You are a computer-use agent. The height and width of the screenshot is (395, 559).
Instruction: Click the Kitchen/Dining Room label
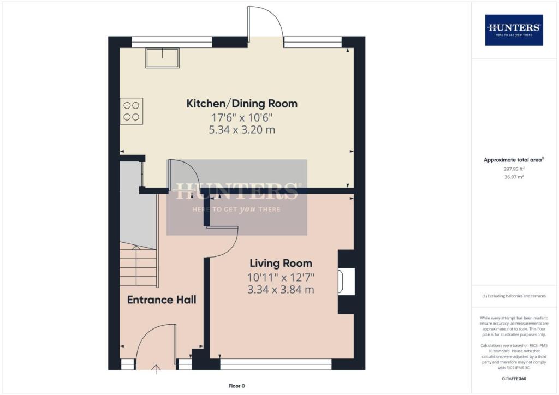click(242, 104)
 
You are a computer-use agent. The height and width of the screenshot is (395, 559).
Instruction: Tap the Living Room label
click(281, 264)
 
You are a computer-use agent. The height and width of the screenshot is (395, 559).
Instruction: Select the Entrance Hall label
click(162, 300)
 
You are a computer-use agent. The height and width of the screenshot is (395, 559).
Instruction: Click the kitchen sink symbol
click(162, 58)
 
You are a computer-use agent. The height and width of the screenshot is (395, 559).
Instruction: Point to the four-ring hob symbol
click(131, 111)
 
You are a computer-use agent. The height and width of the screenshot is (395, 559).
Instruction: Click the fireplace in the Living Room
click(346, 282)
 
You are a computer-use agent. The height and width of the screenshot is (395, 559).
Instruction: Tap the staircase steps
click(139, 266)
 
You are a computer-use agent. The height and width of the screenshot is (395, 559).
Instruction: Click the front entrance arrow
click(157, 369)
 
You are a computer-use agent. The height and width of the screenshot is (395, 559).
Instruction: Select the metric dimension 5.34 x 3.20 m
click(242, 130)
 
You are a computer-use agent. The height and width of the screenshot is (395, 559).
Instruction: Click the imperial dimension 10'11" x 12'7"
click(281, 277)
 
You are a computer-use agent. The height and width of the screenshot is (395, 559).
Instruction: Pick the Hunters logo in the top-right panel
click(514, 30)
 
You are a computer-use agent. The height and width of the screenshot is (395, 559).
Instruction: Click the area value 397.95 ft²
click(514, 169)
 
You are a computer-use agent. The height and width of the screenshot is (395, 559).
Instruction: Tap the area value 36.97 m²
click(514, 177)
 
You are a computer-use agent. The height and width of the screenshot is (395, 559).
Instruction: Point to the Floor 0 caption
click(238, 386)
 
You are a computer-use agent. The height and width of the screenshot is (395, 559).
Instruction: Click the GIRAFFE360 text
click(514, 378)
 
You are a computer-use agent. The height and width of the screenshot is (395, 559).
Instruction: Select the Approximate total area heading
click(514, 160)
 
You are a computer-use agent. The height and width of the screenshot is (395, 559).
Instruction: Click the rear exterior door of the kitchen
click(265, 25)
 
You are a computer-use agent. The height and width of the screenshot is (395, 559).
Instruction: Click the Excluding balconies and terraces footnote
click(514, 296)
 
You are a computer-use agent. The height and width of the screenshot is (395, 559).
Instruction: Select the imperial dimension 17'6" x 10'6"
click(242, 117)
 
